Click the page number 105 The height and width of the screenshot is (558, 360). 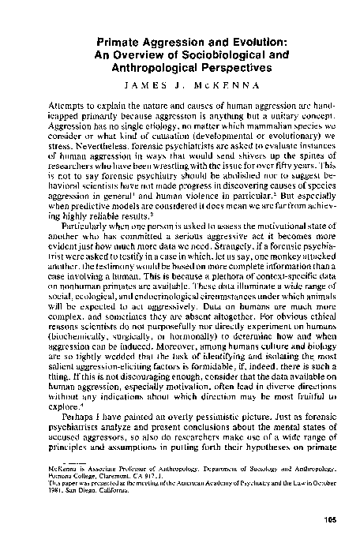coord(327,541)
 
